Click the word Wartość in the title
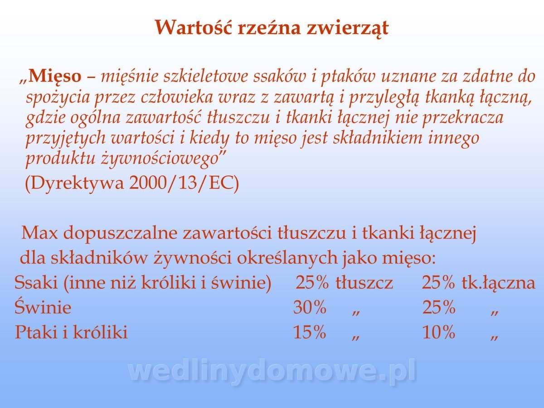tap(193, 27)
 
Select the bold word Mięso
tap(54, 76)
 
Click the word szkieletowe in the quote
tap(205, 76)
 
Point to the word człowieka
tap(177, 97)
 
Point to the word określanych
tap(287, 258)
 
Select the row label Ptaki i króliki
tap(71, 332)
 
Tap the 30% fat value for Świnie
tap(309, 307)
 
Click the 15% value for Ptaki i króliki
tap(309, 332)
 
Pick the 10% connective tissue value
tap(439, 332)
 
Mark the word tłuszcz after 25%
tap(364, 282)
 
